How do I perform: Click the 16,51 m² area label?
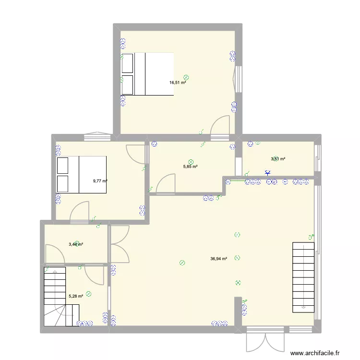click(x=177, y=83)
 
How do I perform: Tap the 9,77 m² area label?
click(x=100, y=181)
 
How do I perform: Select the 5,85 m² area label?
click(x=190, y=167)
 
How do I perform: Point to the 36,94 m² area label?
click(x=218, y=259)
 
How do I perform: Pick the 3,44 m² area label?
click(x=75, y=244)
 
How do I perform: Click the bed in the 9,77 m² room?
click(x=81, y=174)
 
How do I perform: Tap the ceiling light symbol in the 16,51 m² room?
click(x=186, y=77)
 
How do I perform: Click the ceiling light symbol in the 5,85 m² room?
click(x=191, y=161)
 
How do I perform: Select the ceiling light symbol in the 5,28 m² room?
click(x=89, y=293)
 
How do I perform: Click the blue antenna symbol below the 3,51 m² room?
click(x=267, y=173)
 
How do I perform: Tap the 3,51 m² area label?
click(x=278, y=159)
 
